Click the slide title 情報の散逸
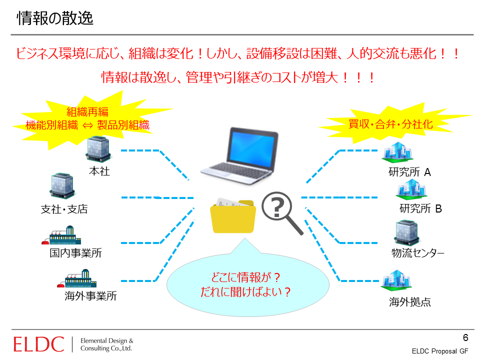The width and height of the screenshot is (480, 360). [x=55, y=18]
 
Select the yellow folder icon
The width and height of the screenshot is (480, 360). [x=233, y=216]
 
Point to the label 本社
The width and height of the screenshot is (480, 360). [x=99, y=171]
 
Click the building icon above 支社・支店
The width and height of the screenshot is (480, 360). [x=62, y=185]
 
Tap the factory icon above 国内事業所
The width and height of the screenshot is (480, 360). [x=61, y=235]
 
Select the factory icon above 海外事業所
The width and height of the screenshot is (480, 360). [x=77, y=278]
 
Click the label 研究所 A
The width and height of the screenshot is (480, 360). [x=409, y=172]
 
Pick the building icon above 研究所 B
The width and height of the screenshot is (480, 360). [x=411, y=189]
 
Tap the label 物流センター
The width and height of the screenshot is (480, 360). [x=418, y=253]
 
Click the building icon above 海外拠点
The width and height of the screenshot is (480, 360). [x=396, y=280]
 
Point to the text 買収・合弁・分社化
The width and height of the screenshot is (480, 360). [x=390, y=124]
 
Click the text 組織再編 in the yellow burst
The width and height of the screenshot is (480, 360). [x=87, y=111]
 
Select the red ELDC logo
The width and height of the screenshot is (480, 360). [x=39, y=344]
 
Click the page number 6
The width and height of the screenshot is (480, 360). [x=465, y=337]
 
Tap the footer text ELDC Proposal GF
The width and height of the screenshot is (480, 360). [x=440, y=351]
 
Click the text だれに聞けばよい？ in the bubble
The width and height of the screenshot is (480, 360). [x=245, y=291]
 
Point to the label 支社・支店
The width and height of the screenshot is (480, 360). [x=64, y=209]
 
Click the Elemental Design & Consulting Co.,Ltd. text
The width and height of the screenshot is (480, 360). [x=107, y=344]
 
